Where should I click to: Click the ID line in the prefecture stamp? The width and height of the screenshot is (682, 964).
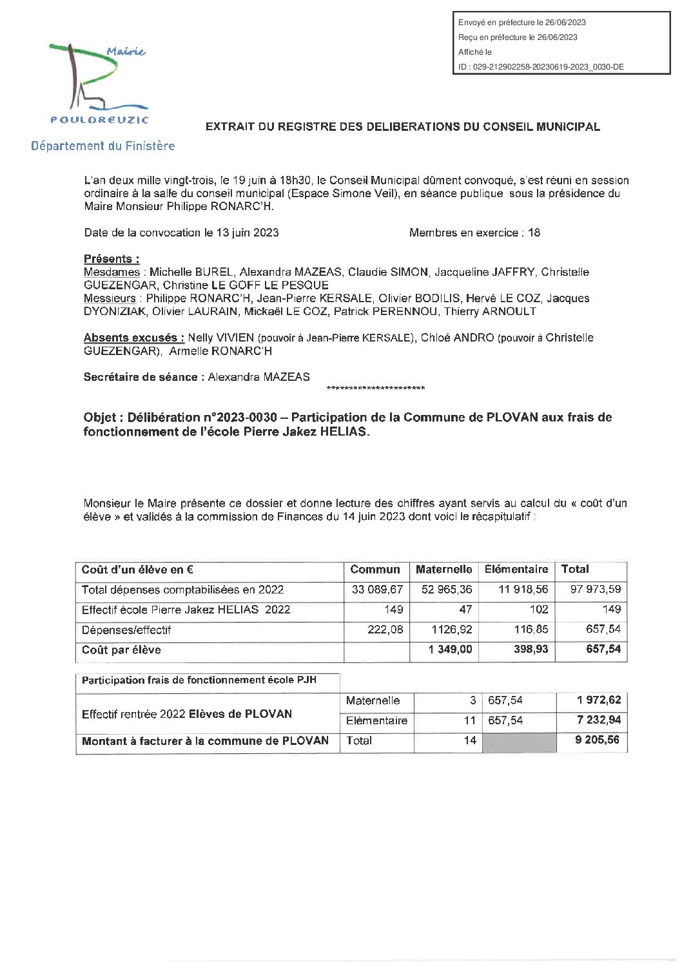click(x=540, y=66)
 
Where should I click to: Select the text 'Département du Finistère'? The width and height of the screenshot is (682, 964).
click(x=103, y=146)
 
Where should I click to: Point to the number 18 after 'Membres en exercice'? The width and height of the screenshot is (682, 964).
click(x=534, y=233)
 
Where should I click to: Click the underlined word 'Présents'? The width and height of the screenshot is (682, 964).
click(x=112, y=259)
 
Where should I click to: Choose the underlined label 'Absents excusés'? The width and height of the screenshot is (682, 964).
click(x=134, y=338)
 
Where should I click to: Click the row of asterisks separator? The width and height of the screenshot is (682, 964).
click(x=375, y=389)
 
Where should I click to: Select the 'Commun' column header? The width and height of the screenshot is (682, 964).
click(x=375, y=570)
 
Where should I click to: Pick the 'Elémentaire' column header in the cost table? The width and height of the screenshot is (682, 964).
click(x=516, y=570)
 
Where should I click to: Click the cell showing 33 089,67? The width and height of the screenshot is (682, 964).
click(x=378, y=590)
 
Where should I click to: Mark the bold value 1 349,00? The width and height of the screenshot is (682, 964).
click(x=450, y=650)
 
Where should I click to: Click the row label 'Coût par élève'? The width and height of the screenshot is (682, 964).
click(x=121, y=650)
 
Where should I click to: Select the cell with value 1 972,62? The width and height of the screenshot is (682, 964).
click(x=599, y=700)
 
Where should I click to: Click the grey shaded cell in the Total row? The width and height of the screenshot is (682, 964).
click(x=519, y=741)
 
